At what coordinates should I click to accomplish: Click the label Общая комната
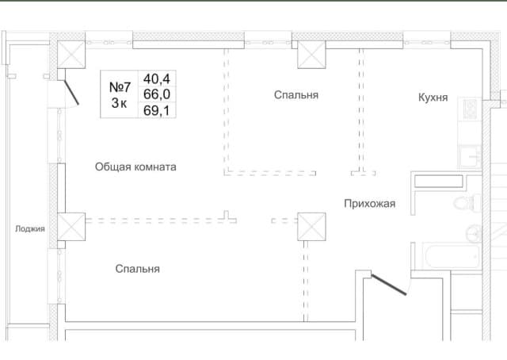[x=135, y=167]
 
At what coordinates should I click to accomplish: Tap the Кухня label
[x=433, y=97]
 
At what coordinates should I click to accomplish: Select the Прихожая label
[x=370, y=204]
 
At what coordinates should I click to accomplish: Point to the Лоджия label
[x=30, y=229]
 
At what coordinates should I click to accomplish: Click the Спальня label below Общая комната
[x=137, y=269]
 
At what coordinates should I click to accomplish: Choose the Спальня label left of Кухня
[x=296, y=95]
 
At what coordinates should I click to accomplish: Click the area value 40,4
[x=157, y=79]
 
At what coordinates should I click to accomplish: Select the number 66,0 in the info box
[x=157, y=94]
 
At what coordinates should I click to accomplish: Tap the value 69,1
[x=157, y=110]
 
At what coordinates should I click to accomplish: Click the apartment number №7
[x=120, y=87]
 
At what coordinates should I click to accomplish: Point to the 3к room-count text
[x=119, y=103]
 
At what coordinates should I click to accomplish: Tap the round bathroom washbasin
[x=474, y=233]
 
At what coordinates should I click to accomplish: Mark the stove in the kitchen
[x=470, y=109]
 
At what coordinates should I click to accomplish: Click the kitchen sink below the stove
[x=470, y=156]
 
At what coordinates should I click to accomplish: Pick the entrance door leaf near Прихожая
[x=389, y=285]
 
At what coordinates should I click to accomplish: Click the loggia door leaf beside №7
[x=71, y=93]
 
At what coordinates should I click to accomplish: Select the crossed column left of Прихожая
[x=311, y=227]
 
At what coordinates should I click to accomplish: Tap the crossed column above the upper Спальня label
[x=311, y=55]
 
